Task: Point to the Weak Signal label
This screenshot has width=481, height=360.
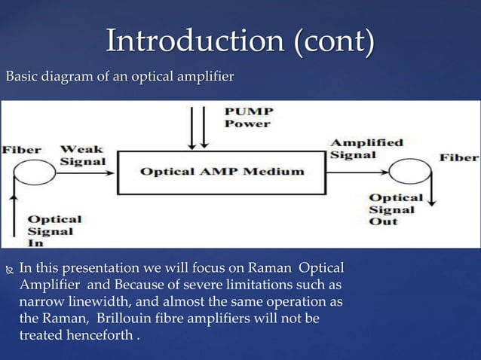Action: click(82, 156)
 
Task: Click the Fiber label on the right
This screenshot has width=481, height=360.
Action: click(459, 157)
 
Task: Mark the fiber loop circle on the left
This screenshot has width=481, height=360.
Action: click(27, 174)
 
